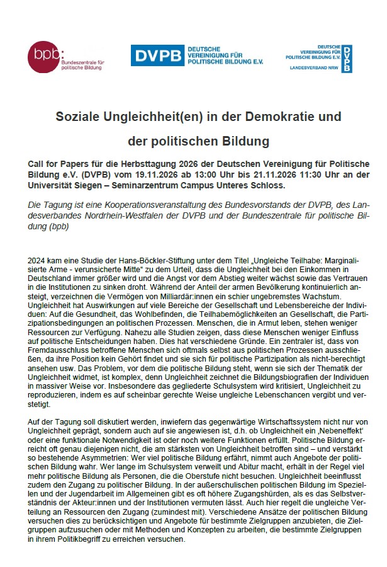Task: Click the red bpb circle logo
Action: tap(45, 55)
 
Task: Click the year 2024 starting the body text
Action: tap(38, 260)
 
